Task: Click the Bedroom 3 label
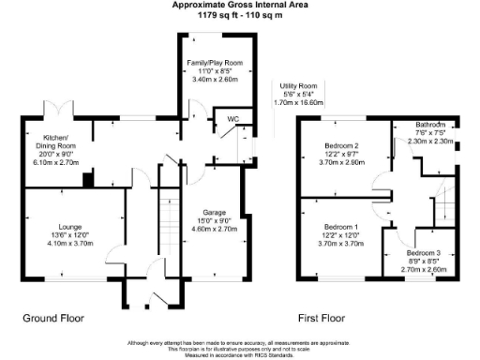pyautogui.click(x=424, y=252)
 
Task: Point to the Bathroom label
pyautogui.click(x=434, y=125)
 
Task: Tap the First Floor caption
pyautogui.click(x=324, y=319)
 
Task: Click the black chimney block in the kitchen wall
pyautogui.click(x=87, y=181)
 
